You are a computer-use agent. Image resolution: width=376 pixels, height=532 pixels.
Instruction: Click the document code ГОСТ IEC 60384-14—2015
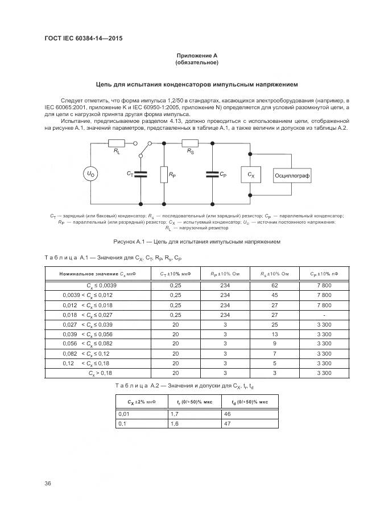coord(84,38)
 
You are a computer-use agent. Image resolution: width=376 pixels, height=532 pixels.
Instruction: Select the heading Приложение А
coord(197,55)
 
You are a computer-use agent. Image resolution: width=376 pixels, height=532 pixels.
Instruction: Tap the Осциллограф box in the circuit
coord(292,176)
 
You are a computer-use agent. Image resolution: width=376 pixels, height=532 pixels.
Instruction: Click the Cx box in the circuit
coord(250,175)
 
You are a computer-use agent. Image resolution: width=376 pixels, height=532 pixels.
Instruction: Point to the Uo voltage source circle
coord(92,174)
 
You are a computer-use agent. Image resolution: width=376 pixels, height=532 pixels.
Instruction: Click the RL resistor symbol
coord(117,145)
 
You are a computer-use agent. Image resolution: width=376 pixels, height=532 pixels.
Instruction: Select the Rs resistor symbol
coord(189,145)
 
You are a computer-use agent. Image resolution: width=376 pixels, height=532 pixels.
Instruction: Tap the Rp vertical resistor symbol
coord(164,175)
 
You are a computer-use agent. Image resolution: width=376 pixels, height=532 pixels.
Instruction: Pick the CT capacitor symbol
coord(140,174)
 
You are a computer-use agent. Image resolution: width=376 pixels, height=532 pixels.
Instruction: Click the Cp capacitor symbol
coord(212,174)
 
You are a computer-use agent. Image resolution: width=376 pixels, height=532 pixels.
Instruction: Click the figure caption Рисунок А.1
coord(197,241)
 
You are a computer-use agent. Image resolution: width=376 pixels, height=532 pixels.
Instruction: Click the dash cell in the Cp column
coord(323,314)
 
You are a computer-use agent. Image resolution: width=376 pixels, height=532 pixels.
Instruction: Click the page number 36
coord(48,484)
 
